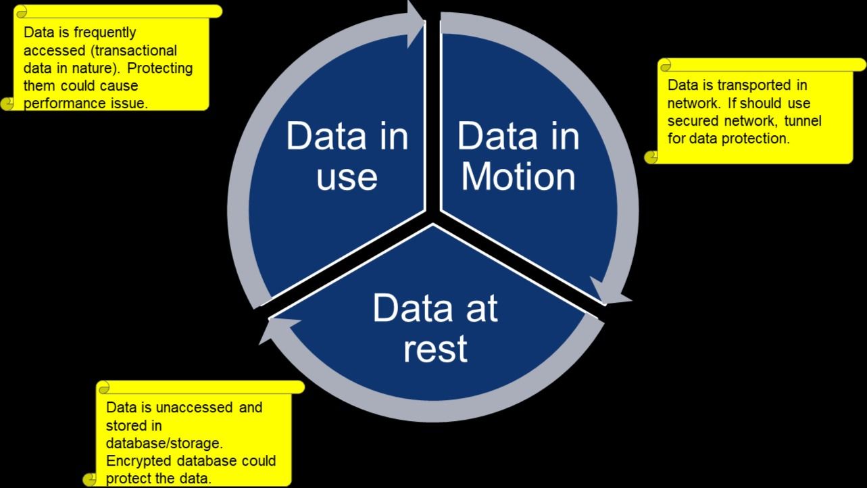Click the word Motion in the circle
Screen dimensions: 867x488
518,178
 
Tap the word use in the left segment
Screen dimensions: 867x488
347,178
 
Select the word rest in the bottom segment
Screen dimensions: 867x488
435,349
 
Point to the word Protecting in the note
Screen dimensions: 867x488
160,68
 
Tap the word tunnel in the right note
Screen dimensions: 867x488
803,121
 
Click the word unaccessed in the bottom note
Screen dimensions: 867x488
194,408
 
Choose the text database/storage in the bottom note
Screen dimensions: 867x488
164,443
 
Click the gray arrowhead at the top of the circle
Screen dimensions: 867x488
416,23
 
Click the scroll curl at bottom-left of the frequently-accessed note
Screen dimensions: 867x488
7,103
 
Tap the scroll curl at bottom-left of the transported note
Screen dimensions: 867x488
651,157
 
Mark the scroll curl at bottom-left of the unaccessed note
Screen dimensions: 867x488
90,479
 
